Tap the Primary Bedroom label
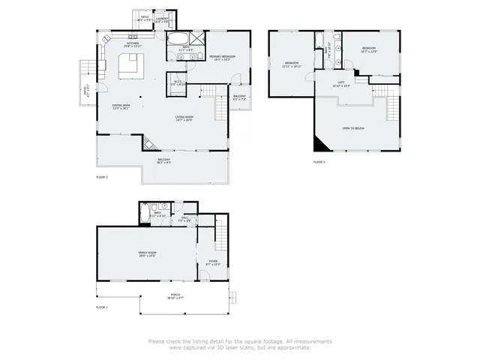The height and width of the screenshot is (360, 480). click(222, 58)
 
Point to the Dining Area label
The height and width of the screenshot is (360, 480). click(121, 106)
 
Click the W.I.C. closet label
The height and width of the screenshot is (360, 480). click(178, 83)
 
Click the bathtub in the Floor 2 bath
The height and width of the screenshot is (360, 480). click(178, 40)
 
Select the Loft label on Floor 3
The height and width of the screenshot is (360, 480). click(340, 84)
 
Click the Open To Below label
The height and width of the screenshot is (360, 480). click(353, 128)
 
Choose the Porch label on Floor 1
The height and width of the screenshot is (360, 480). click(175, 296)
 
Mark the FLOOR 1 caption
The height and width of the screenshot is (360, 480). click(102, 307)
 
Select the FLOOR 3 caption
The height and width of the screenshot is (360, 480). click(319, 162)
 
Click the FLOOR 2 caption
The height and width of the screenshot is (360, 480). click(102, 177)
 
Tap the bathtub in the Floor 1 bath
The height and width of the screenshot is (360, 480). click(145, 213)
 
